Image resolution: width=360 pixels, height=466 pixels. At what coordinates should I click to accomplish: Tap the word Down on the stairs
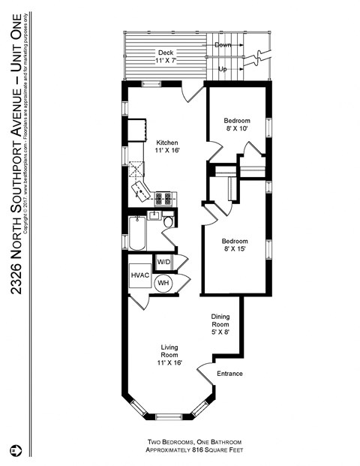tap(223, 45)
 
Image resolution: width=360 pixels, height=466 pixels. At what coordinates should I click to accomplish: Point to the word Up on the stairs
tap(223, 69)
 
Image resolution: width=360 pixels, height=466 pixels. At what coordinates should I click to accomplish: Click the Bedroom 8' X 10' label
tap(237, 125)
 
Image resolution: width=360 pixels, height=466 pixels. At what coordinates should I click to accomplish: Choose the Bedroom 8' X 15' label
tap(235, 245)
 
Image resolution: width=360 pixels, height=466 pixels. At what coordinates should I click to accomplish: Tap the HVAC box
tap(140, 276)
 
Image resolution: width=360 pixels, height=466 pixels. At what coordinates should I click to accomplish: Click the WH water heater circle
tap(163, 283)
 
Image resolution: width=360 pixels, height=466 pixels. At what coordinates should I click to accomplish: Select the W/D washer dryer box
tap(163, 262)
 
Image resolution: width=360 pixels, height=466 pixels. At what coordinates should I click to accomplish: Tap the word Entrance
tap(229, 373)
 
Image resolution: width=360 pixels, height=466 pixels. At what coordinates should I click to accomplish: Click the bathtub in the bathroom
tap(136, 233)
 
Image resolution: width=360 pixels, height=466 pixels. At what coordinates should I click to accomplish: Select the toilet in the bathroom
tap(168, 221)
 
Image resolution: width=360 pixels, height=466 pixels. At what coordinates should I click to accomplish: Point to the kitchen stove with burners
tap(164, 199)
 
